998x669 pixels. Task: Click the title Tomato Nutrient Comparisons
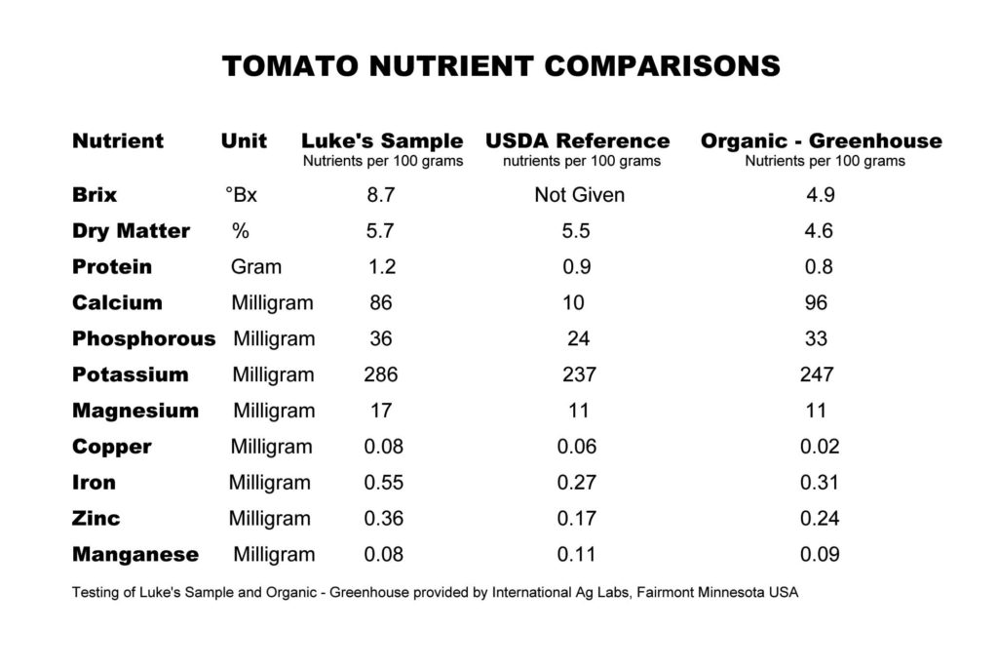pos(501,65)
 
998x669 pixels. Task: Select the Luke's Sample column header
pos(382,140)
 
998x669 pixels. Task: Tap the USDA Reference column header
pos(578,140)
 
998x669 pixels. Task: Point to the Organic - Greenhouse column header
pos(822,140)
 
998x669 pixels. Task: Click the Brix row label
pos(95,195)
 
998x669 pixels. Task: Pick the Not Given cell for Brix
pos(579,195)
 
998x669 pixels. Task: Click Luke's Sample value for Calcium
pos(381,303)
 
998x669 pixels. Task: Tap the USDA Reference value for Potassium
pos(579,374)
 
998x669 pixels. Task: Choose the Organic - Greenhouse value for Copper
pos(820,447)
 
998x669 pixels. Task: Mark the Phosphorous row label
pos(143,339)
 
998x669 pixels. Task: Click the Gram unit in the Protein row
pos(256,267)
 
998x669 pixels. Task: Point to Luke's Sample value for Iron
pos(383,483)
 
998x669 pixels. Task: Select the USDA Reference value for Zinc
pos(577,519)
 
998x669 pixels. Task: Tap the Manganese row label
pos(135,555)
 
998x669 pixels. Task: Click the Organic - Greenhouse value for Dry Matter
pos(820,231)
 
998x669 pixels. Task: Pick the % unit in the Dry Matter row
pos(241,231)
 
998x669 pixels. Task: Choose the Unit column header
pos(244,140)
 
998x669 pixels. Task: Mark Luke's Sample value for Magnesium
pos(381,411)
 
